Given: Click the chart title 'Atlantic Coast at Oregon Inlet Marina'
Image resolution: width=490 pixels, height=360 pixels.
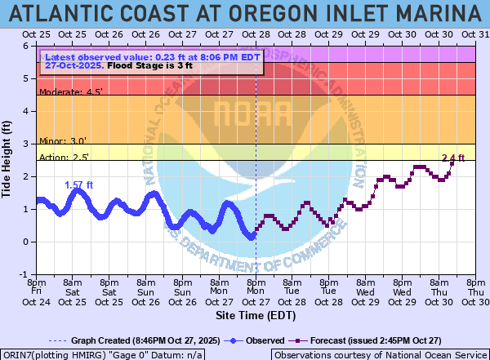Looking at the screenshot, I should click(x=245, y=14).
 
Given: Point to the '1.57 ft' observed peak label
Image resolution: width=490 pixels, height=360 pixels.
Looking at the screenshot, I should click(x=79, y=185).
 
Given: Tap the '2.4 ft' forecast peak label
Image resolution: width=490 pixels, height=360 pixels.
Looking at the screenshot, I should click(x=452, y=158).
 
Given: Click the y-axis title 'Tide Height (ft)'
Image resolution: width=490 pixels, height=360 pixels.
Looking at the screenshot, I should click(x=8, y=160).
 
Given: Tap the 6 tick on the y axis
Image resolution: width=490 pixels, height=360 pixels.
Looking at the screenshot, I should click(x=27, y=46).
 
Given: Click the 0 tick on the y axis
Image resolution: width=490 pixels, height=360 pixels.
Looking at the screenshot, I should click(x=27, y=242).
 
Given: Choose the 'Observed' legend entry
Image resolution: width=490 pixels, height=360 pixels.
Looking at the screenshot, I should click(x=256, y=340).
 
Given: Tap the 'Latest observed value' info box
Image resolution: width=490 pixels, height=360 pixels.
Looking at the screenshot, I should click(x=153, y=62).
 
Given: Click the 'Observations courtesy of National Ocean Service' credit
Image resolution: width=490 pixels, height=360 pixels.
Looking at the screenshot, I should click(x=380, y=354).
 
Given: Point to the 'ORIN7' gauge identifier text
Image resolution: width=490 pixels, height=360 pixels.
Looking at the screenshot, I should click(x=16, y=354).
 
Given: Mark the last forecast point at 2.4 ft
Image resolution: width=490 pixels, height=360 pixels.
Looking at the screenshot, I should click(x=452, y=163).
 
